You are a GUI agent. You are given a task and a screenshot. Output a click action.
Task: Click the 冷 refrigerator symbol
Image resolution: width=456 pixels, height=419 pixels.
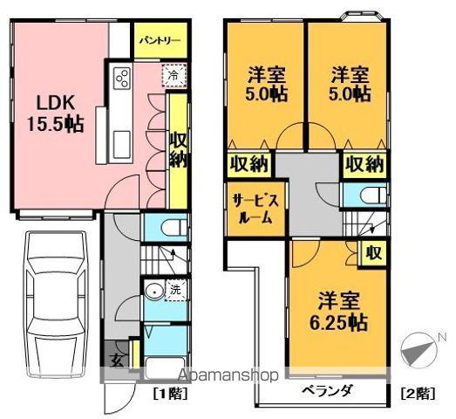174,76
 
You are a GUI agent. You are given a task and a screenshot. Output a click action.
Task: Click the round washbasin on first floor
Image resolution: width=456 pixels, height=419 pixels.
153,292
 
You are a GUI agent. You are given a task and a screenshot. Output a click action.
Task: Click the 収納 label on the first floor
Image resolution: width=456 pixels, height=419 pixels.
177,148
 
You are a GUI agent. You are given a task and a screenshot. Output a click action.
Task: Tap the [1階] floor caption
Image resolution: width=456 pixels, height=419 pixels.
168,394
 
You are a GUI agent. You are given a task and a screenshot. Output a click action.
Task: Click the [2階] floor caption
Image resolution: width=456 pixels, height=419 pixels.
419,394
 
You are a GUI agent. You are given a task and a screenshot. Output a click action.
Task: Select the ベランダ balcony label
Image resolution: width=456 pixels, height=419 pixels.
329,390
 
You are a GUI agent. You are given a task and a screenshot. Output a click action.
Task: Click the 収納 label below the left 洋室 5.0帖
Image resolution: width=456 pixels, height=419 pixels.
249,162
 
